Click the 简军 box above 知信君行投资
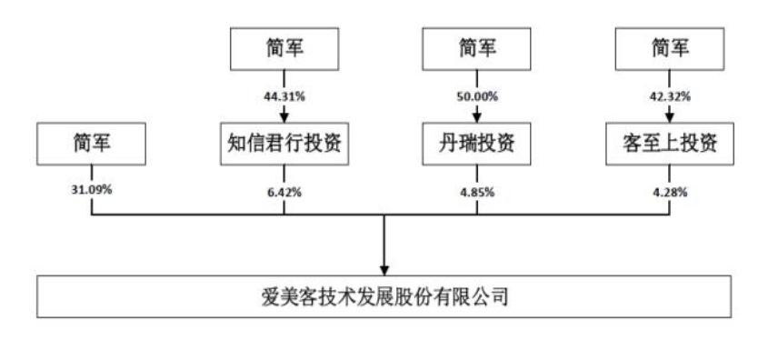tap(284, 47)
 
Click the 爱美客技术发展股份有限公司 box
tap(383, 296)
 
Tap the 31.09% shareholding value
tap(92, 192)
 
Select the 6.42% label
tap(284, 192)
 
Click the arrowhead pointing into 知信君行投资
tap(284, 115)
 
